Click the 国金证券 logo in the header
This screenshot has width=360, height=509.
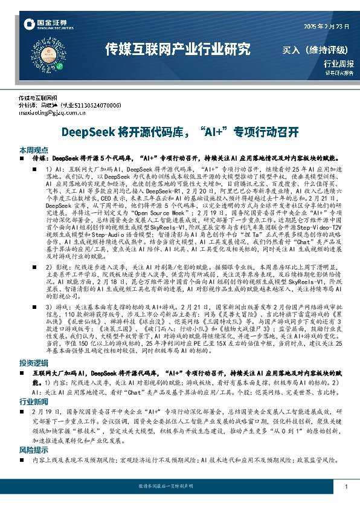click(x=45, y=25)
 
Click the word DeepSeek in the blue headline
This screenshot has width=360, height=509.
click(x=89, y=131)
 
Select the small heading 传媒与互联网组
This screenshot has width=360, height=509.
click(x=42, y=97)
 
